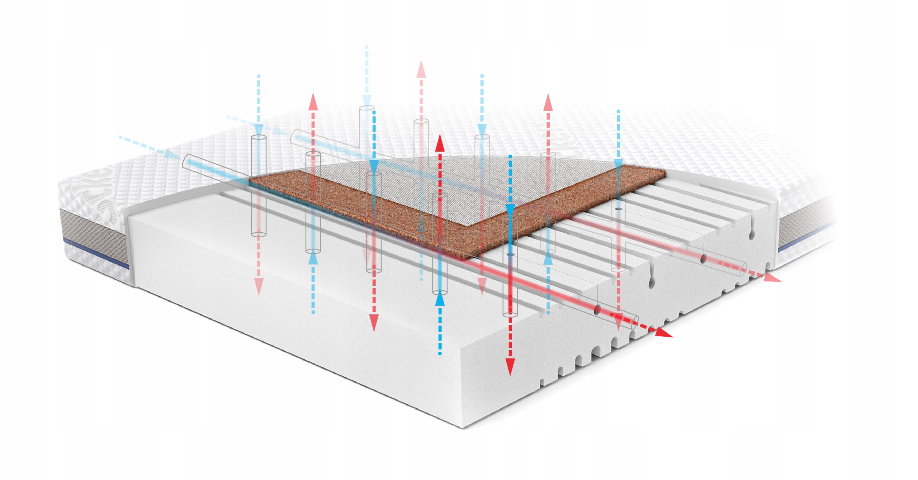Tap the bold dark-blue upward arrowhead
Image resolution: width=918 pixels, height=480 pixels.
coord(440,299)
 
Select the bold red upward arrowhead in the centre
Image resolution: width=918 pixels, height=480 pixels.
coord(440,143)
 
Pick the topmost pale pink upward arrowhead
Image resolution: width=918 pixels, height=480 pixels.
coord(421,70)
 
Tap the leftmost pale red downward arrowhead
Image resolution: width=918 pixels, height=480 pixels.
coord(259,287)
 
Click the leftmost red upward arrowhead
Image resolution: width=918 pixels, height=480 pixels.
coord(313,102)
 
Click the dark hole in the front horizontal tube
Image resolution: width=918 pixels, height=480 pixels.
coord(597,310)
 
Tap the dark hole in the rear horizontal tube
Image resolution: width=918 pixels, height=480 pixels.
coord(704,258)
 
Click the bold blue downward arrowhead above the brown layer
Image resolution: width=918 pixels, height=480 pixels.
coord(510,209)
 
